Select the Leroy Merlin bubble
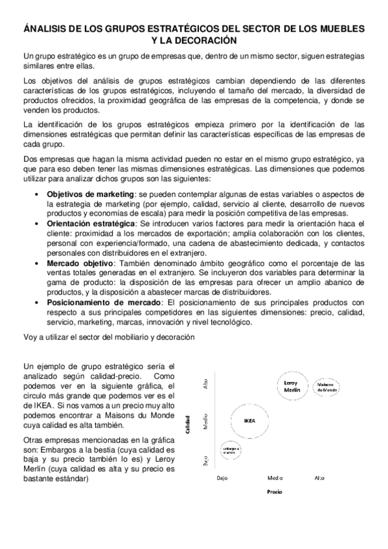[291, 386]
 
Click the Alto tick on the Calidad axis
[206, 384]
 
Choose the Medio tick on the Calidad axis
[206, 422]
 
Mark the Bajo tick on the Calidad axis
[206, 461]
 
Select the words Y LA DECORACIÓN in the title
[194, 40]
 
